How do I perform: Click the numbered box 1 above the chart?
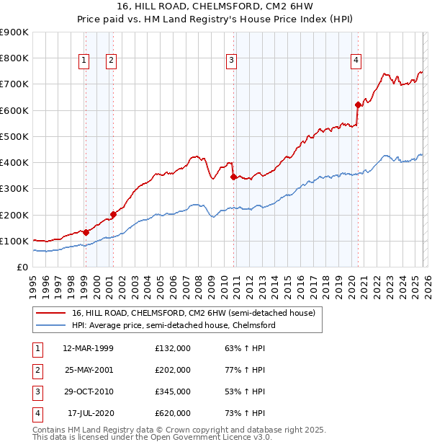(85, 61)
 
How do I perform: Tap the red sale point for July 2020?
(358, 105)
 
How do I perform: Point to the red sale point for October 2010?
(233, 176)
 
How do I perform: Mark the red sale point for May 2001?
(113, 214)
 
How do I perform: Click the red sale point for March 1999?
(86, 232)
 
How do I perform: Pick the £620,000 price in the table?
(172, 413)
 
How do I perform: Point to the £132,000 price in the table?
(172, 348)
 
